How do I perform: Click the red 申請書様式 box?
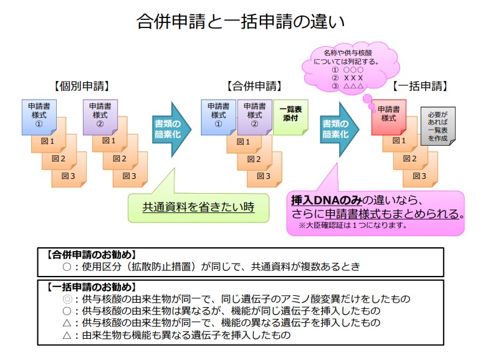pos(389,116)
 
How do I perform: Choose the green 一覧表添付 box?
pos(290,116)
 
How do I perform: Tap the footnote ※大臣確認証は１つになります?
pos(352,225)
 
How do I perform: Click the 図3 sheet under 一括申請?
pos(421,176)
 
